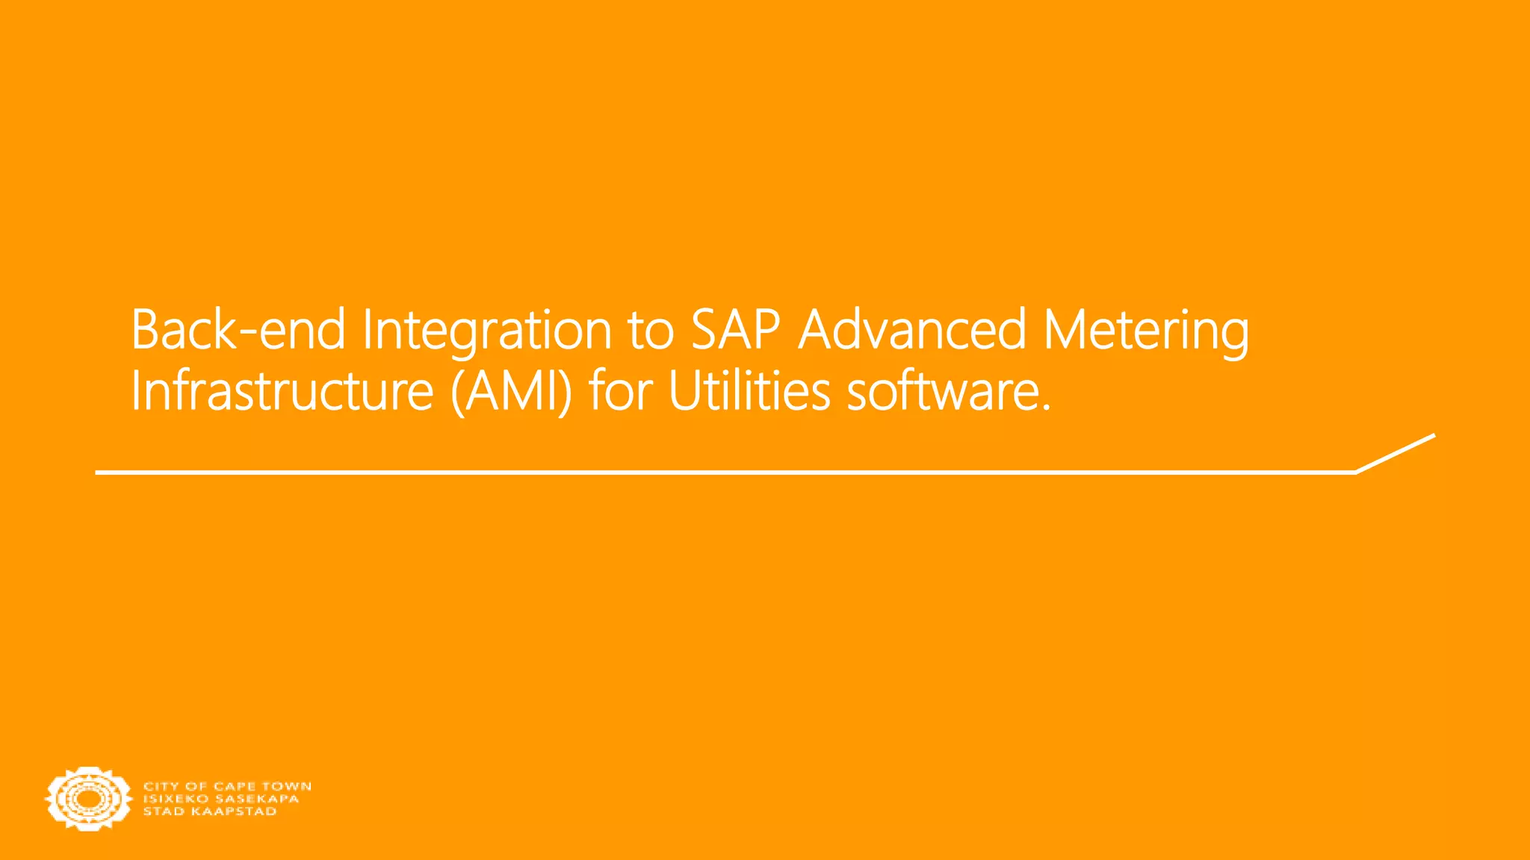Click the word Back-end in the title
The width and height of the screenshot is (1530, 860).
(x=238, y=330)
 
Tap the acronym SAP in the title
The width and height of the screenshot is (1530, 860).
(x=736, y=330)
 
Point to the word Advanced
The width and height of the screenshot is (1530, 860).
(x=912, y=330)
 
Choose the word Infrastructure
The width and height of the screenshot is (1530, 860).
(x=282, y=391)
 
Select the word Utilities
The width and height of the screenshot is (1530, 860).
(x=749, y=391)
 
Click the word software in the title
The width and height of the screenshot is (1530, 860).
(x=942, y=391)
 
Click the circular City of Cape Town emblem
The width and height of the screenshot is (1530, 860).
(x=87, y=798)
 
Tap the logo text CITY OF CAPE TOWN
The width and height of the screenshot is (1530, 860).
(x=227, y=786)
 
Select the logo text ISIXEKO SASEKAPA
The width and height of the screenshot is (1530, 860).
(x=221, y=799)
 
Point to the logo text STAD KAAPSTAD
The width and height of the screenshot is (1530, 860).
(x=210, y=811)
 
